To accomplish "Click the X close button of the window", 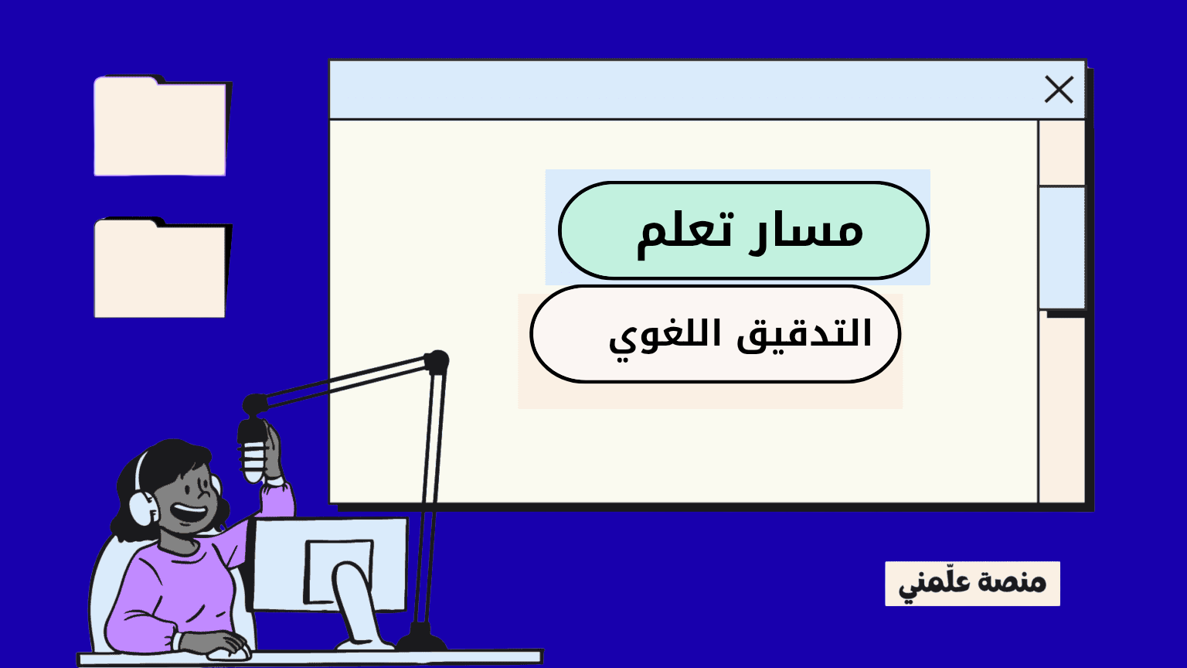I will click(1059, 90).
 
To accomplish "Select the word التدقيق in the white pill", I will click(804, 334).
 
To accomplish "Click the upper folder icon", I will click(160, 128).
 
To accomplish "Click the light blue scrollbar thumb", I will click(1062, 247).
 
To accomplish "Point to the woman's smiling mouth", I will click(190, 513).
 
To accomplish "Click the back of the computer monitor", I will click(332, 564).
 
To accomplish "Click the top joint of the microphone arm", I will click(437, 360).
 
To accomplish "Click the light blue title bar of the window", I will click(680, 90).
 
